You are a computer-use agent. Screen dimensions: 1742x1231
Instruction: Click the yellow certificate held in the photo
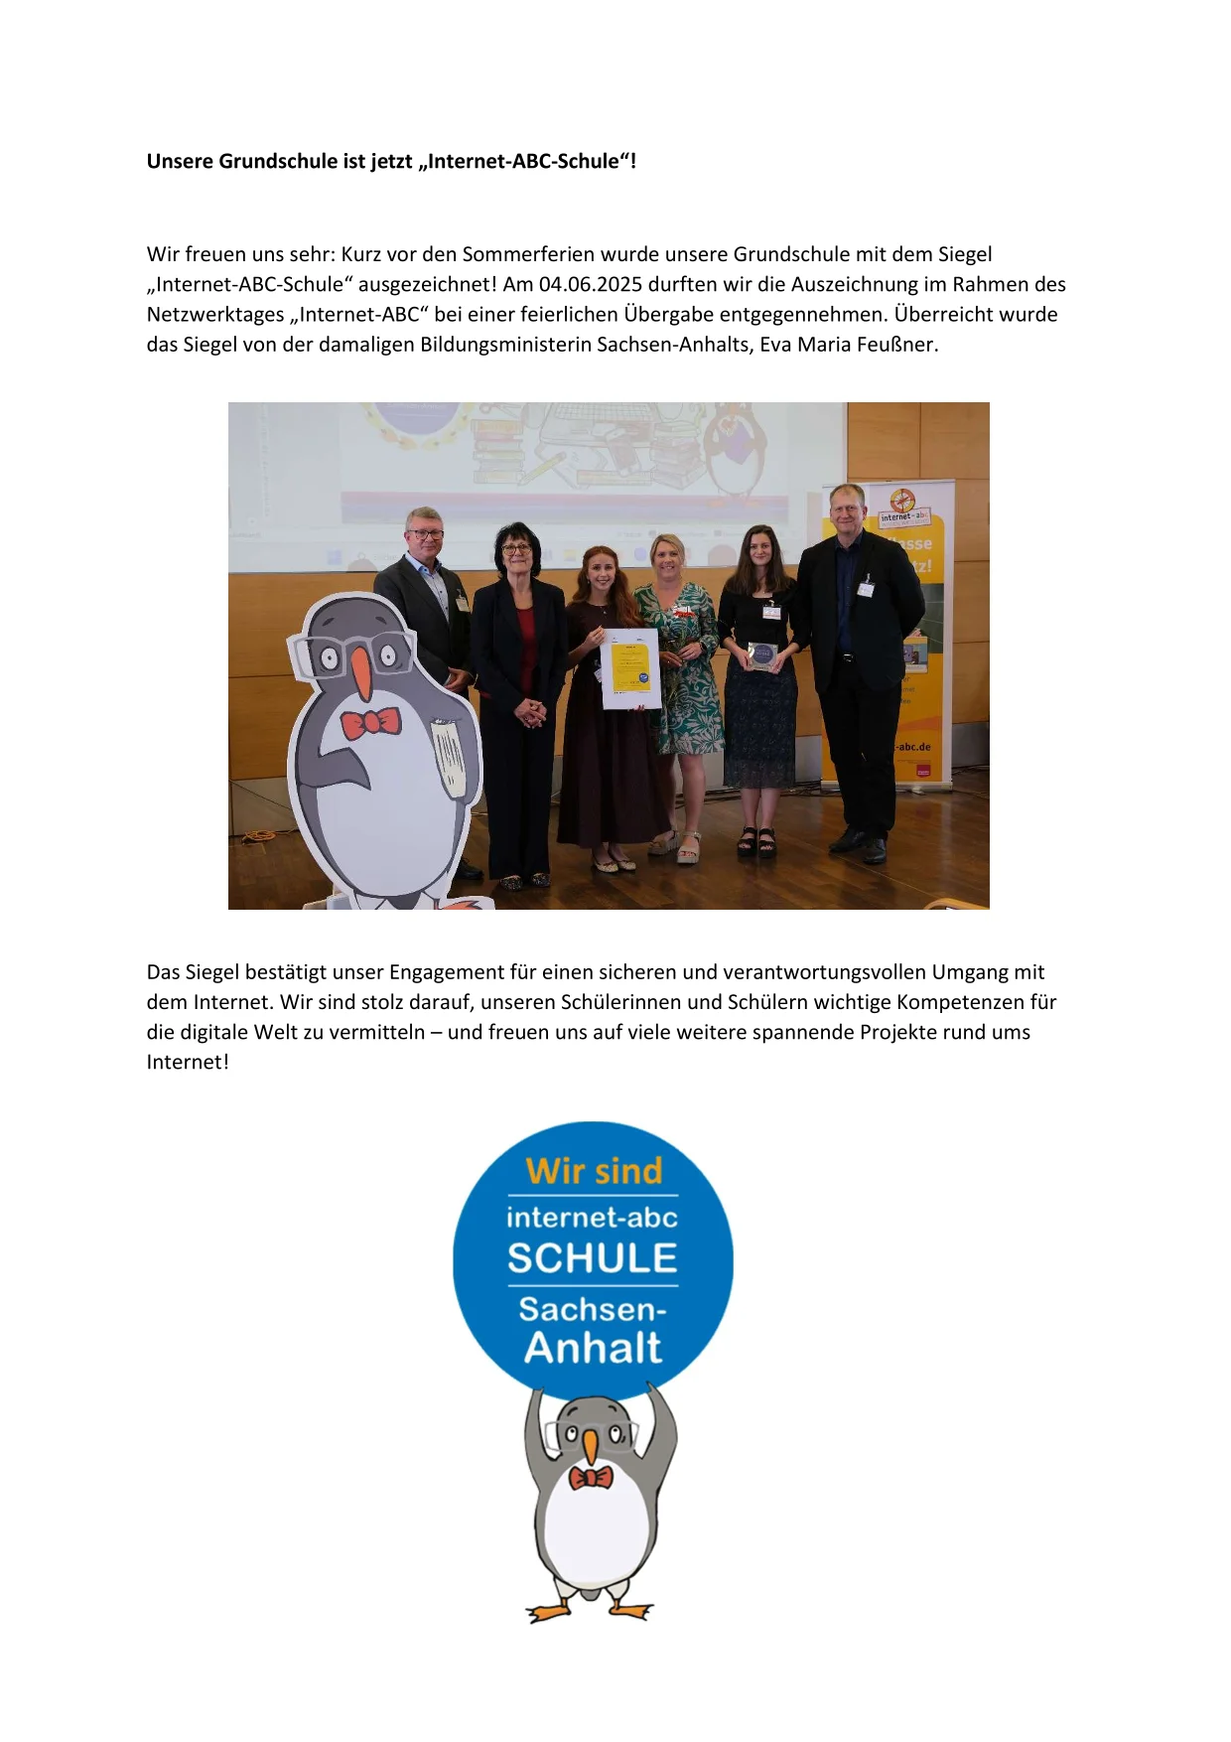coord(630,667)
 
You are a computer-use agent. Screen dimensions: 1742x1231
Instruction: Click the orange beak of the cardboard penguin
coord(361,673)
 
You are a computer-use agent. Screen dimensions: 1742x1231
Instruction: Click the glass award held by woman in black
coord(761,655)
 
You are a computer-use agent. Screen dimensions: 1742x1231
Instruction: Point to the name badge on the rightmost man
coord(866,587)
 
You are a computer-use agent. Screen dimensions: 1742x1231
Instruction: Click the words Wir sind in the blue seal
coord(594,1171)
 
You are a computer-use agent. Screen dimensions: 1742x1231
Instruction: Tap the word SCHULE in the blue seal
coord(593,1258)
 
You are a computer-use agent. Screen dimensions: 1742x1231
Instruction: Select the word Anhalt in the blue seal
coord(593,1348)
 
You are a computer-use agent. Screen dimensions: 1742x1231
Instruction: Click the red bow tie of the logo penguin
coord(591,1478)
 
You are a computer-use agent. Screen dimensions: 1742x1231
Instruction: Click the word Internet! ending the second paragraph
coord(188,1063)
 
